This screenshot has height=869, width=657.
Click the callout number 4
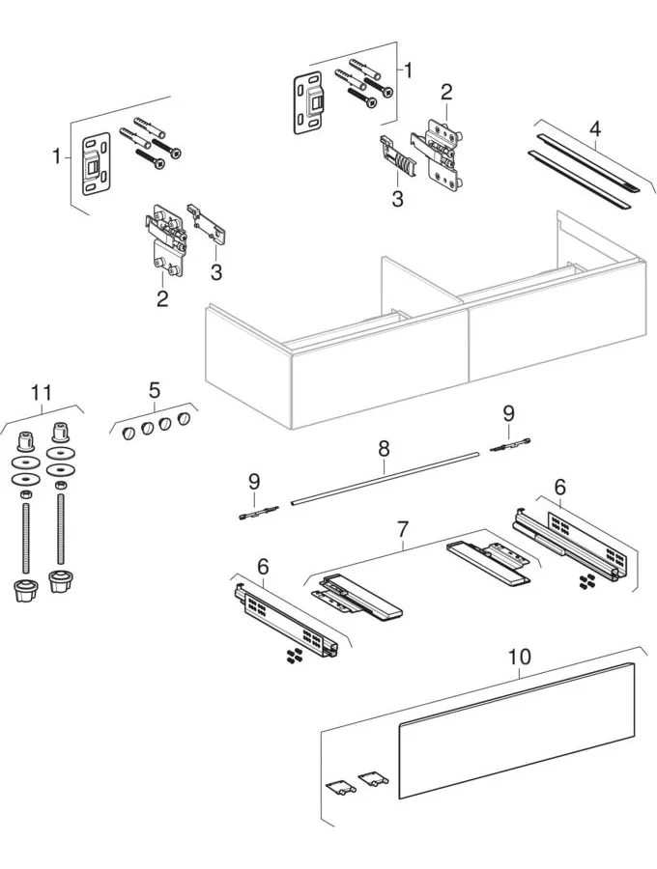tap(595, 127)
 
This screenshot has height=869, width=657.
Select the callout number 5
tap(154, 391)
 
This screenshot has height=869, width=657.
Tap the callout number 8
tap(384, 448)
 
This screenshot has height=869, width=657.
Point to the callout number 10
tap(519, 657)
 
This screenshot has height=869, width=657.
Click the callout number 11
tap(41, 393)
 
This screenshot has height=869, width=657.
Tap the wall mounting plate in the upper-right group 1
tap(309, 100)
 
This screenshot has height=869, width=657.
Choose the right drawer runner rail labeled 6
tap(570, 546)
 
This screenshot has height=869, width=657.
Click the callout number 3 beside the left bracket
tap(216, 272)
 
